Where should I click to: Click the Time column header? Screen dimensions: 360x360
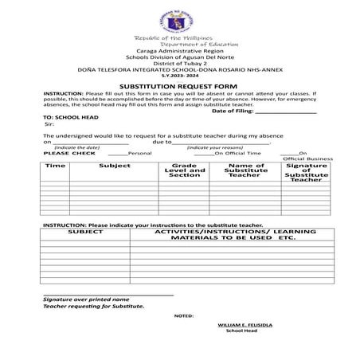click(x=55, y=166)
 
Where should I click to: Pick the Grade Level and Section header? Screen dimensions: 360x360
click(x=184, y=170)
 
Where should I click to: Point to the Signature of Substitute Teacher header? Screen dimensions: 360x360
click(x=306, y=173)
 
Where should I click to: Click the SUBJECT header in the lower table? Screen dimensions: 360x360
click(x=85, y=232)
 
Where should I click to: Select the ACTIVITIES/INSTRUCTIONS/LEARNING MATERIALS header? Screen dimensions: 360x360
click(x=234, y=235)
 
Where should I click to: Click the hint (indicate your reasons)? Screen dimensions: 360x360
click(x=215, y=147)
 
